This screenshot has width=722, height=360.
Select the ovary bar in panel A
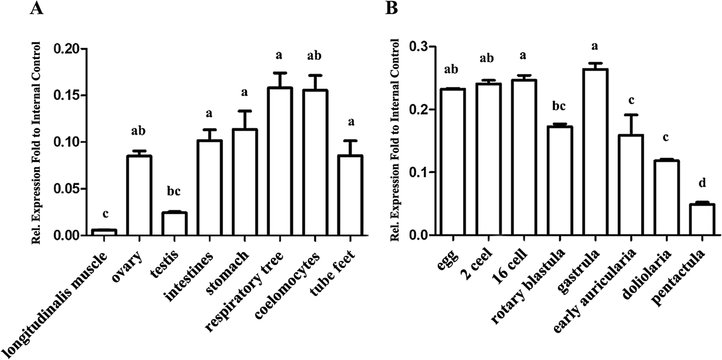tap(139, 196)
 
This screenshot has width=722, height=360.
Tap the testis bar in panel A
tap(174, 224)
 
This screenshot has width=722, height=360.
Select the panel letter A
tap(36, 8)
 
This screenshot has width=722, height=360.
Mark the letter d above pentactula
tap(702, 183)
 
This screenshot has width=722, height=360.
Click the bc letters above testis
tap(174, 191)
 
